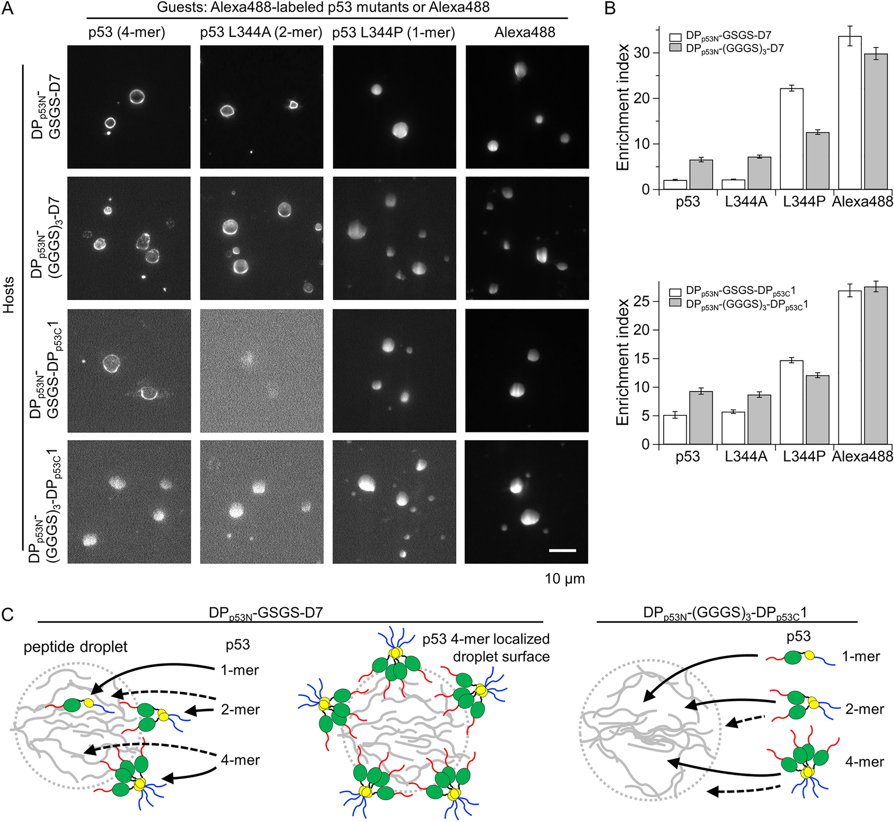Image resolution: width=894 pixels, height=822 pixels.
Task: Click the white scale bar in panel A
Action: [562, 550]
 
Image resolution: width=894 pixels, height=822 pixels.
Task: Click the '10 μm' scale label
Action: [565, 578]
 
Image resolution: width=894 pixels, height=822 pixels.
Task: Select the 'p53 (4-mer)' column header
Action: [127, 33]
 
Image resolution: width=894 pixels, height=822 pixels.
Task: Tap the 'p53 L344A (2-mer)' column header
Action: [261, 33]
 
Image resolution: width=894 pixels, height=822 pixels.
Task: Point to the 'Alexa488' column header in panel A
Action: [525, 33]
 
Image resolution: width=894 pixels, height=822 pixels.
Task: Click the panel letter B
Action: [610, 9]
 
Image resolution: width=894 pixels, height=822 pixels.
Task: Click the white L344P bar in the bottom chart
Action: [791, 402]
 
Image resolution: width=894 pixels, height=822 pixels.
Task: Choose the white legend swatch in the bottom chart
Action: [675, 292]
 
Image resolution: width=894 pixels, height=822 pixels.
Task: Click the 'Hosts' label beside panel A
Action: [9, 295]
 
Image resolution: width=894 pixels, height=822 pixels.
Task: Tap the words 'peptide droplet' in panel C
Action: [76, 647]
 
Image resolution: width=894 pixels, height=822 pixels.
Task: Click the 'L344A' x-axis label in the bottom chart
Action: [746, 457]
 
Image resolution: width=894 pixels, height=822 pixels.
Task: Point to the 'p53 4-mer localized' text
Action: [486, 639]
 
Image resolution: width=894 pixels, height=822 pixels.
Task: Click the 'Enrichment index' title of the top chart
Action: [623, 107]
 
